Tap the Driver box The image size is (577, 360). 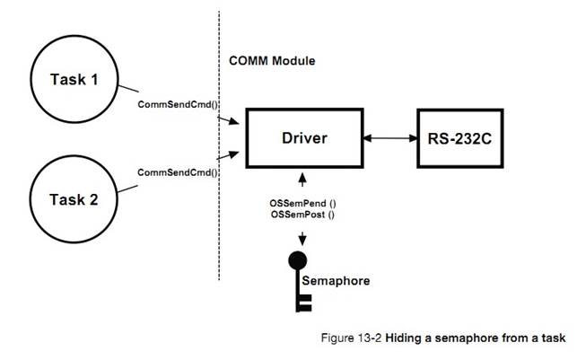click(x=302, y=138)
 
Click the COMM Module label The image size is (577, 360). click(x=271, y=59)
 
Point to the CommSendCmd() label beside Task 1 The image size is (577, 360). click(x=177, y=104)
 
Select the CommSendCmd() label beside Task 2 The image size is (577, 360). click(x=177, y=171)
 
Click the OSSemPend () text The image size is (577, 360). click(x=302, y=206)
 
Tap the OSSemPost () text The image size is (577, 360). click(x=302, y=216)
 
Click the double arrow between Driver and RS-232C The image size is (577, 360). click(x=386, y=138)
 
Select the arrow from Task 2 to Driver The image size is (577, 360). click(x=230, y=156)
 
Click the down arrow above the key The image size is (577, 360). click(x=302, y=236)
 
